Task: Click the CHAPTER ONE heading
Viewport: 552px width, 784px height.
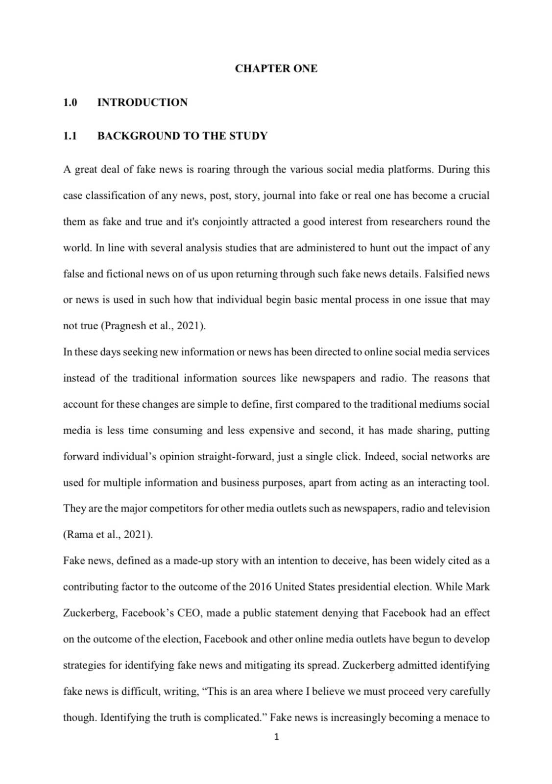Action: pyautogui.click(x=276, y=69)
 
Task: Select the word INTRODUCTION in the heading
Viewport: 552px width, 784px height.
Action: pyautogui.click(x=142, y=102)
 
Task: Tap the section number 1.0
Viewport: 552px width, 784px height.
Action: pyautogui.click(x=70, y=102)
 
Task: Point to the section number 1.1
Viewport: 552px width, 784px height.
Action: pyautogui.click(x=70, y=136)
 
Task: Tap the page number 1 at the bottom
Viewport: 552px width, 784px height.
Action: pyautogui.click(x=276, y=736)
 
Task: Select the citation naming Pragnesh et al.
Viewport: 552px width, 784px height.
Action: pyautogui.click(x=153, y=326)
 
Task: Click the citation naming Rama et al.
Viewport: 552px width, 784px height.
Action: pyautogui.click(x=108, y=535)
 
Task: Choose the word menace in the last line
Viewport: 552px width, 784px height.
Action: pyautogui.click(x=459, y=718)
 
